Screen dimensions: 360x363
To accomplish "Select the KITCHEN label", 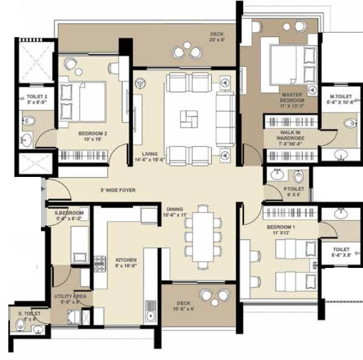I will pos(126,263).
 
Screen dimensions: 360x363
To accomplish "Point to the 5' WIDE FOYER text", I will pos(118,190).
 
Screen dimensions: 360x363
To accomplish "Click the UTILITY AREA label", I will pos(69,300).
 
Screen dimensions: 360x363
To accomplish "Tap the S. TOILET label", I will pos(27,316).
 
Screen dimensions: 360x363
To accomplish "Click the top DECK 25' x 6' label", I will pos(217,36).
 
